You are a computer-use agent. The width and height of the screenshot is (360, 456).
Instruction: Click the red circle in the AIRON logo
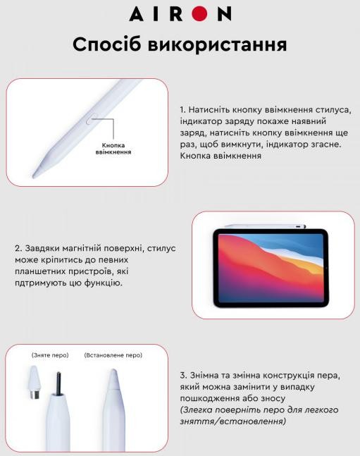(x=200, y=13)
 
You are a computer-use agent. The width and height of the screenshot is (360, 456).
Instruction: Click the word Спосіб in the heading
(x=107, y=44)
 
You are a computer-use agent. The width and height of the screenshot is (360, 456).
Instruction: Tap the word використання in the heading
(x=217, y=45)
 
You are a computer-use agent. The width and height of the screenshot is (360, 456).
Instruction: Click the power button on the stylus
(x=92, y=119)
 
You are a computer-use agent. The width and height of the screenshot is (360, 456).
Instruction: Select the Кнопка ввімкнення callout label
(x=113, y=148)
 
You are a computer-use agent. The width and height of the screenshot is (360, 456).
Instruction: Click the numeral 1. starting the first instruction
(x=182, y=110)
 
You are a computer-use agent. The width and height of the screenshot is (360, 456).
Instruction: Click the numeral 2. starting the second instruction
(x=18, y=249)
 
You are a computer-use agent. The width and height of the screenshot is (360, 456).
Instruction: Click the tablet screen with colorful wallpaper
(x=271, y=268)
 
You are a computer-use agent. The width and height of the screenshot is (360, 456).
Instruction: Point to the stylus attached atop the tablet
(x=265, y=226)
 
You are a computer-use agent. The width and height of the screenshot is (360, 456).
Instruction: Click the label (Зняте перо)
(x=50, y=355)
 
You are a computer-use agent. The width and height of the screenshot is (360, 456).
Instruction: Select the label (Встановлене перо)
(x=113, y=355)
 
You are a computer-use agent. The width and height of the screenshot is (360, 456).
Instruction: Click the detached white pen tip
(x=35, y=382)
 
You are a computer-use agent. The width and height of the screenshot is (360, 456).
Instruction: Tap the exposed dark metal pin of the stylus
(x=58, y=383)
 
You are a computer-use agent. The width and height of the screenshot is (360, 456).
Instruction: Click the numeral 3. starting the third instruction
(x=183, y=375)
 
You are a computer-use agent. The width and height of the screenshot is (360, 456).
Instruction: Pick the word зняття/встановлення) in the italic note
(x=233, y=421)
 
